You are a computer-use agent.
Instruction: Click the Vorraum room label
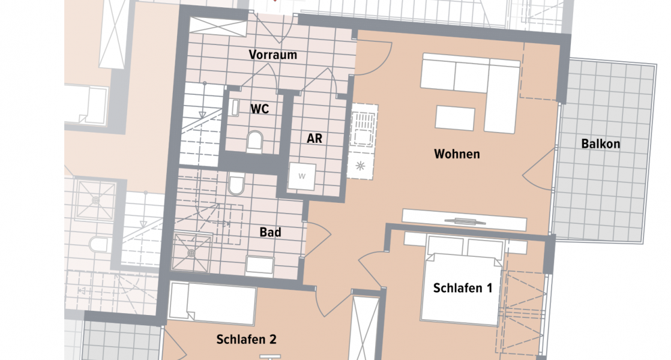tap(273, 55)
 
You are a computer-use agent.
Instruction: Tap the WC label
tap(259, 109)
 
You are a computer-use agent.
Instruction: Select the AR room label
tap(314, 139)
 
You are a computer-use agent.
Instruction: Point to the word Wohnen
tap(457, 154)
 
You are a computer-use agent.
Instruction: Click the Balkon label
tap(600, 144)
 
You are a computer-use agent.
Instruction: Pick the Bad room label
tap(270, 232)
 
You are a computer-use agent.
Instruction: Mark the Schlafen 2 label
tap(246, 340)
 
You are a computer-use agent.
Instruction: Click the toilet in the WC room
tap(255, 142)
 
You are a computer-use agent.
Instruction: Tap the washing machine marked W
tap(302, 176)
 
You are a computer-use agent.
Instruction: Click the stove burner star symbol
tap(361, 166)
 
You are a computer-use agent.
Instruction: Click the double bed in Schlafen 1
tap(461, 282)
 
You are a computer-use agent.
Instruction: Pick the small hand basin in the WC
tap(235, 107)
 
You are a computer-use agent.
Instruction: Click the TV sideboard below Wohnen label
tap(464, 220)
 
